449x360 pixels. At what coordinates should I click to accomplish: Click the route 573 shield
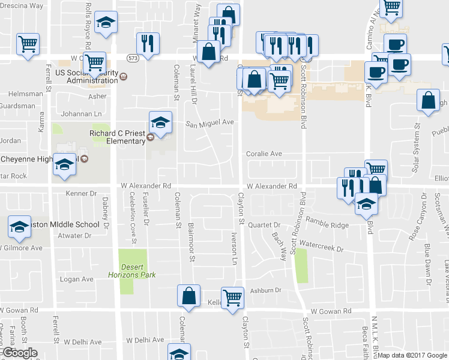tap(133, 57)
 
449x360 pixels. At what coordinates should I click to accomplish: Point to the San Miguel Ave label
tap(209, 123)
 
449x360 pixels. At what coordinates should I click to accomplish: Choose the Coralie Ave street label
tap(264, 154)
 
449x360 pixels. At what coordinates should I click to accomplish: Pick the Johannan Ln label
tap(82, 113)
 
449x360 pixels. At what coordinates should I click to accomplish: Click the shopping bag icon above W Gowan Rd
tap(188, 295)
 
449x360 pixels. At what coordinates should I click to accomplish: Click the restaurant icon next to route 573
tap(147, 43)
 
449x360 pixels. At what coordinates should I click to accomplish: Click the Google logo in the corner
tap(19, 353)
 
